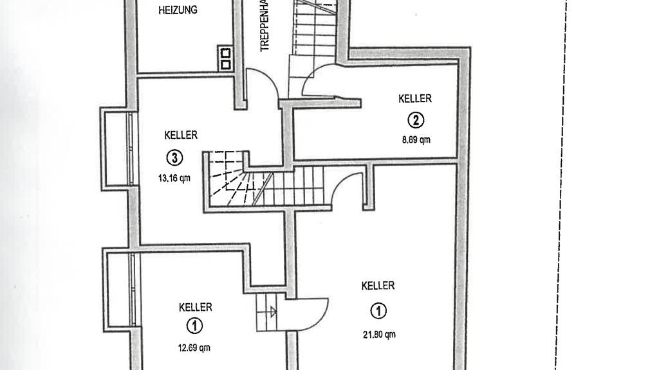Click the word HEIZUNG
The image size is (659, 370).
tap(178, 10)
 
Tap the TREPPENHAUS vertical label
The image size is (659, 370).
tap(264, 27)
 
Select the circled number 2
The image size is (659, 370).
tap(416, 119)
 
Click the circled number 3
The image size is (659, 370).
tap(174, 157)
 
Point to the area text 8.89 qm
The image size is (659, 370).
tap(415, 139)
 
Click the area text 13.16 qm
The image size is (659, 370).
tap(174, 179)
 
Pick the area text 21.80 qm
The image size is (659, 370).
tap(378, 333)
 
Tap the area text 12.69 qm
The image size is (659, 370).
tap(194, 348)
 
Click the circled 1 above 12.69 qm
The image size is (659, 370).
tap(194, 326)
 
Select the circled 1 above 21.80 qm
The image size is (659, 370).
tap(378, 312)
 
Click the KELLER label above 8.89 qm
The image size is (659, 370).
tap(415, 98)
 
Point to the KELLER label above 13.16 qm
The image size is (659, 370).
tap(181, 136)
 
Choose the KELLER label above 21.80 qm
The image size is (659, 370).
tap(378, 286)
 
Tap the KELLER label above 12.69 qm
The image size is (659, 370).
tap(195, 308)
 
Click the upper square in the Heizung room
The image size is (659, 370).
tap(226, 53)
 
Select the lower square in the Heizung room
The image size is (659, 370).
tap(226, 64)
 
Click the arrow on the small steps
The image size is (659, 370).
tap(273, 313)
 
